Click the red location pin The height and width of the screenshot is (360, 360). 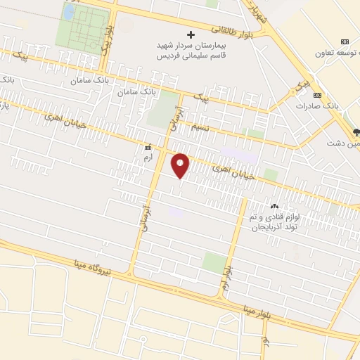pyautogui.click(x=181, y=165)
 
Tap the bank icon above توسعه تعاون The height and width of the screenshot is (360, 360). pyautogui.click(x=344, y=41)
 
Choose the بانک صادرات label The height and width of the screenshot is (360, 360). pyautogui.click(x=336, y=105)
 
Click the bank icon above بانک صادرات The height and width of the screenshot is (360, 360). pyautogui.click(x=317, y=95)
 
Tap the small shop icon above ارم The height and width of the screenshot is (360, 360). pyautogui.click(x=148, y=148)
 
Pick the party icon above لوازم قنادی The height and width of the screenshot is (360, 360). pyautogui.click(x=274, y=206)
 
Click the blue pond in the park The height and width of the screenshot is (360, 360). pyautogui.click(x=68, y=11)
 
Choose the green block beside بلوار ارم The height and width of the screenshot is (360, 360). pyautogui.click(x=214, y=262)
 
